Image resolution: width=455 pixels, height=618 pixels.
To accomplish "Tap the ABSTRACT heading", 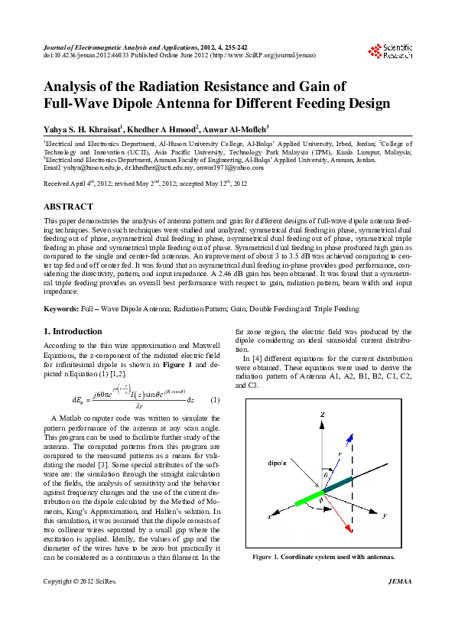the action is tap(69, 207).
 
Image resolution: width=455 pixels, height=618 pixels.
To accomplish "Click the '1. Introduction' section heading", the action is tap(73, 331).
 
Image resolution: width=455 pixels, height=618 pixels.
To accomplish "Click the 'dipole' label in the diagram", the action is tap(277, 463).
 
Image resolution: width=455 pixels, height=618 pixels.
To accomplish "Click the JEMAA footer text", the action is tap(400, 603).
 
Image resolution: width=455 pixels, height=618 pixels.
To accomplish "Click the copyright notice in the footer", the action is tap(73, 603).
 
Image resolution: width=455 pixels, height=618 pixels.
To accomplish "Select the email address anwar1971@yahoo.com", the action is tap(231, 167).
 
